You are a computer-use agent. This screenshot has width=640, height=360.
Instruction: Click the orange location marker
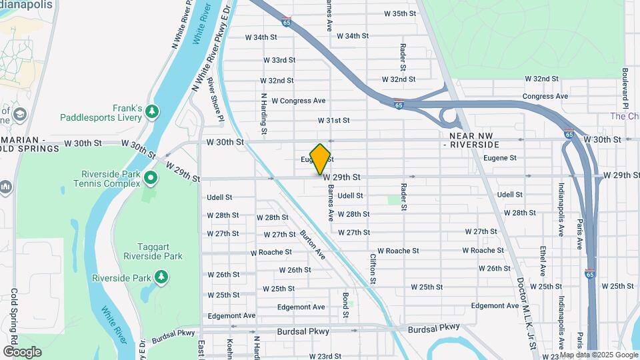321,159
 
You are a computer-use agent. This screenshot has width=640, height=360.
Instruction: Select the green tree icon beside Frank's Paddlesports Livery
153,110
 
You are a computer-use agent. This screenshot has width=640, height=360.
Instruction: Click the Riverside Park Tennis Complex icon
151,177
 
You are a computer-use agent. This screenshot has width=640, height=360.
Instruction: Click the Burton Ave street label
312,245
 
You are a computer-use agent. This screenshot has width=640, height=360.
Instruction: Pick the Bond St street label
346,304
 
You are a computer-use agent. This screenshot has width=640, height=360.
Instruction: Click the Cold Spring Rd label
14,314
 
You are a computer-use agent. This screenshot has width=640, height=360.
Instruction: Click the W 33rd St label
279,60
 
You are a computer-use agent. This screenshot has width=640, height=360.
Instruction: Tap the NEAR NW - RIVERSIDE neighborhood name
471,139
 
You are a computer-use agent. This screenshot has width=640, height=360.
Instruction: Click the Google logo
22,352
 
